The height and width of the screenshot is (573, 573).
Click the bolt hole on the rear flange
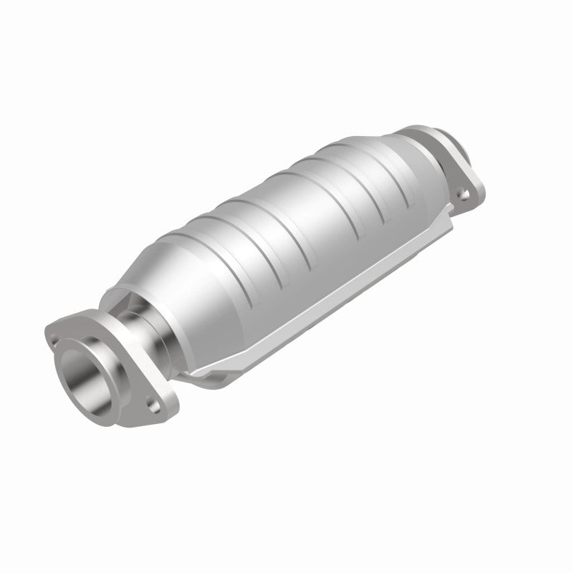click(466, 193)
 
